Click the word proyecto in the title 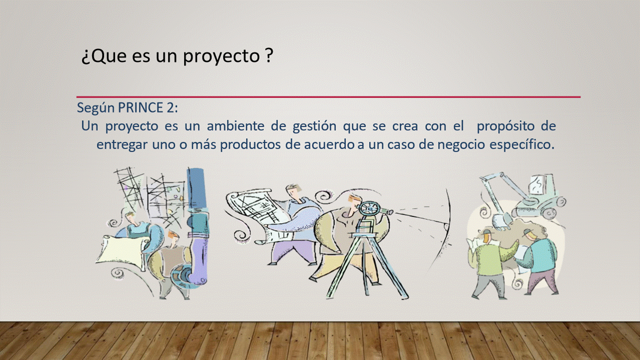click(221, 56)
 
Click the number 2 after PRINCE click(169, 107)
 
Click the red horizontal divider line click(328, 97)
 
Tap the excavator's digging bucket click(501, 222)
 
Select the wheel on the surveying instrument click(369, 208)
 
